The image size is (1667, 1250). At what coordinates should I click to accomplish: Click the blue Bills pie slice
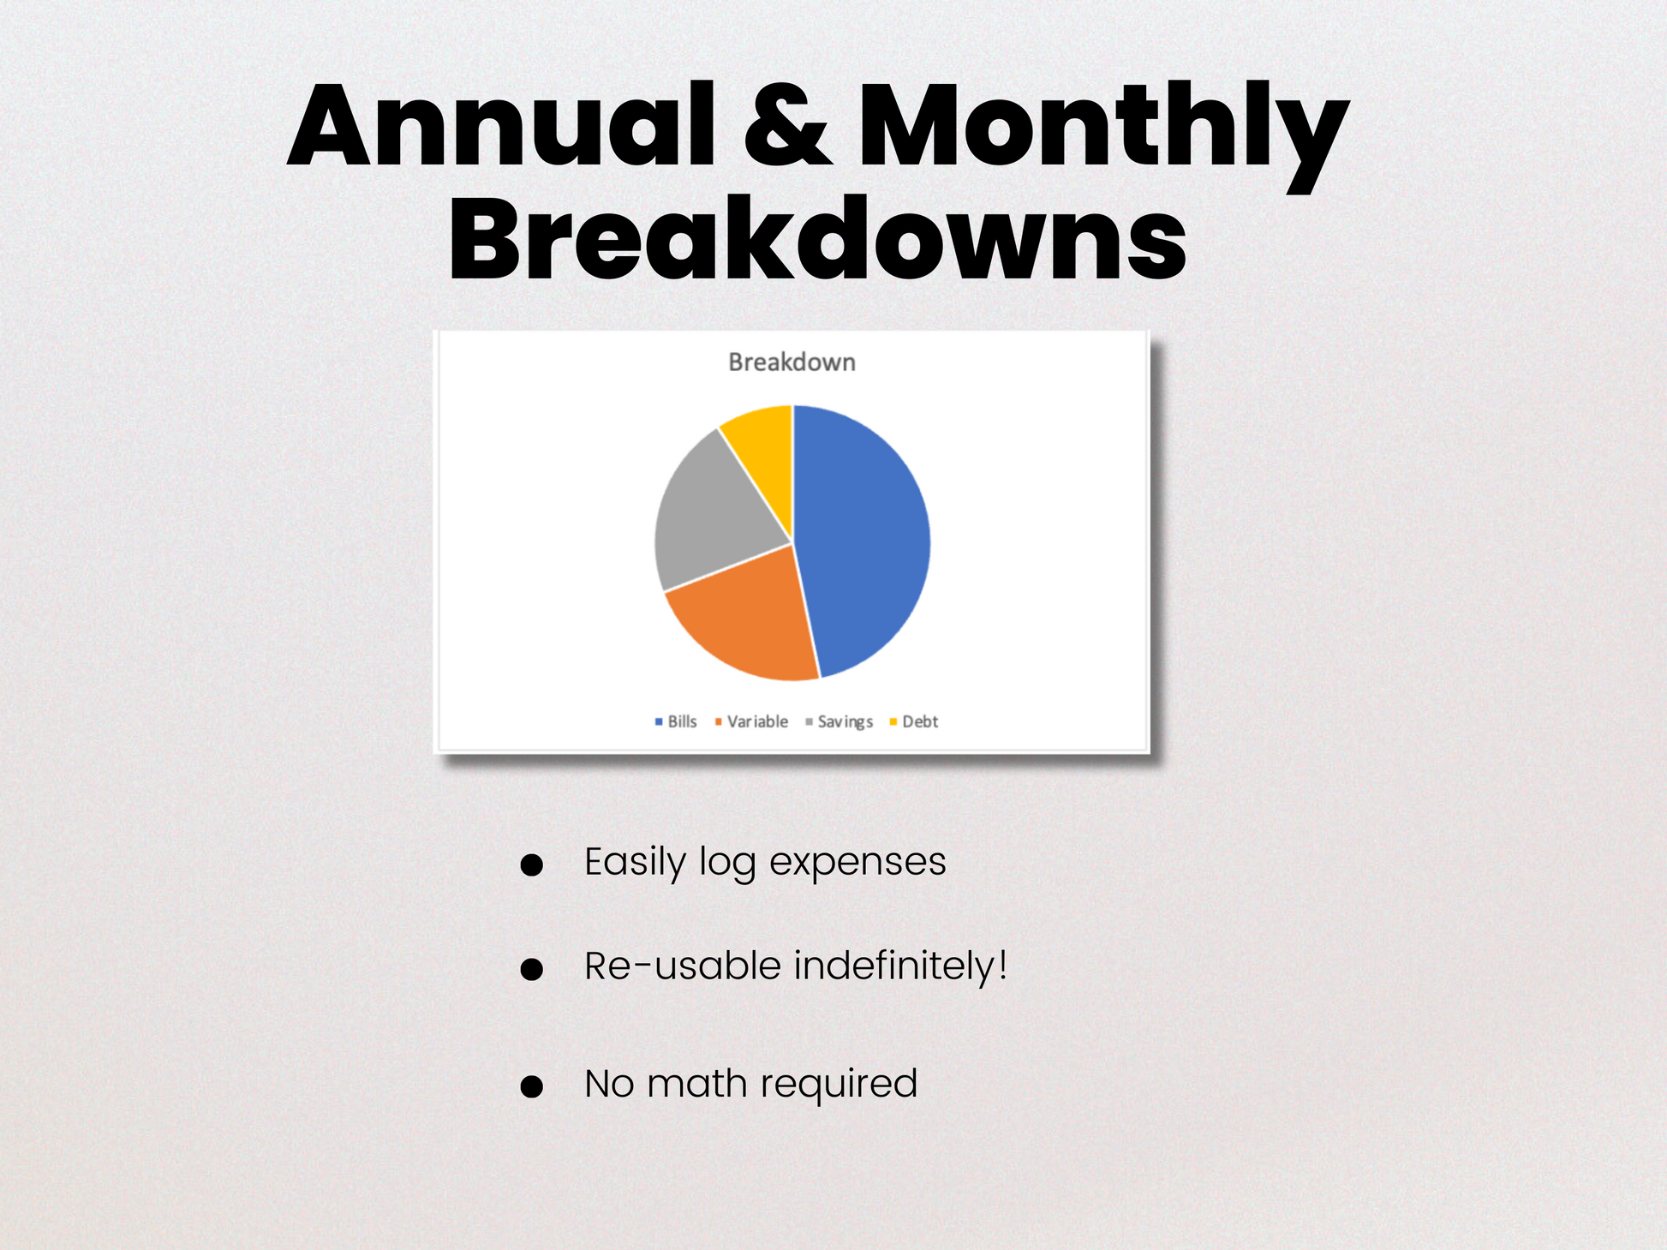(x=865, y=540)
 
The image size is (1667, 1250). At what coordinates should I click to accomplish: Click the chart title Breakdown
(x=792, y=362)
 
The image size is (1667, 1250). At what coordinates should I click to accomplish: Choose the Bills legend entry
(x=676, y=721)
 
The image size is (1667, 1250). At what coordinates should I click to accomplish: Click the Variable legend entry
(x=751, y=721)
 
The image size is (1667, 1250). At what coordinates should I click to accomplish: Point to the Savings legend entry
(x=839, y=722)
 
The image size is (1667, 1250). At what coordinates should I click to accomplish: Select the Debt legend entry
(x=914, y=721)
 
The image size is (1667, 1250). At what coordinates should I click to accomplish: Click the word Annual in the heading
(x=501, y=126)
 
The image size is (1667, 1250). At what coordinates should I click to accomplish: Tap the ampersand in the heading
(x=787, y=126)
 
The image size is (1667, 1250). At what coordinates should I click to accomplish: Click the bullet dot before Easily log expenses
(x=532, y=864)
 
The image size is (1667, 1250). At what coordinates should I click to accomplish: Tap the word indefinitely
(x=900, y=966)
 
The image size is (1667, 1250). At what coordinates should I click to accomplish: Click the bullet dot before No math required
(x=532, y=1086)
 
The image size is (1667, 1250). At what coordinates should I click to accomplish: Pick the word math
(x=697, y=1083)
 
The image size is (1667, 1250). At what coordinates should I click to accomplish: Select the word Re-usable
(x=683, y=966)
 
